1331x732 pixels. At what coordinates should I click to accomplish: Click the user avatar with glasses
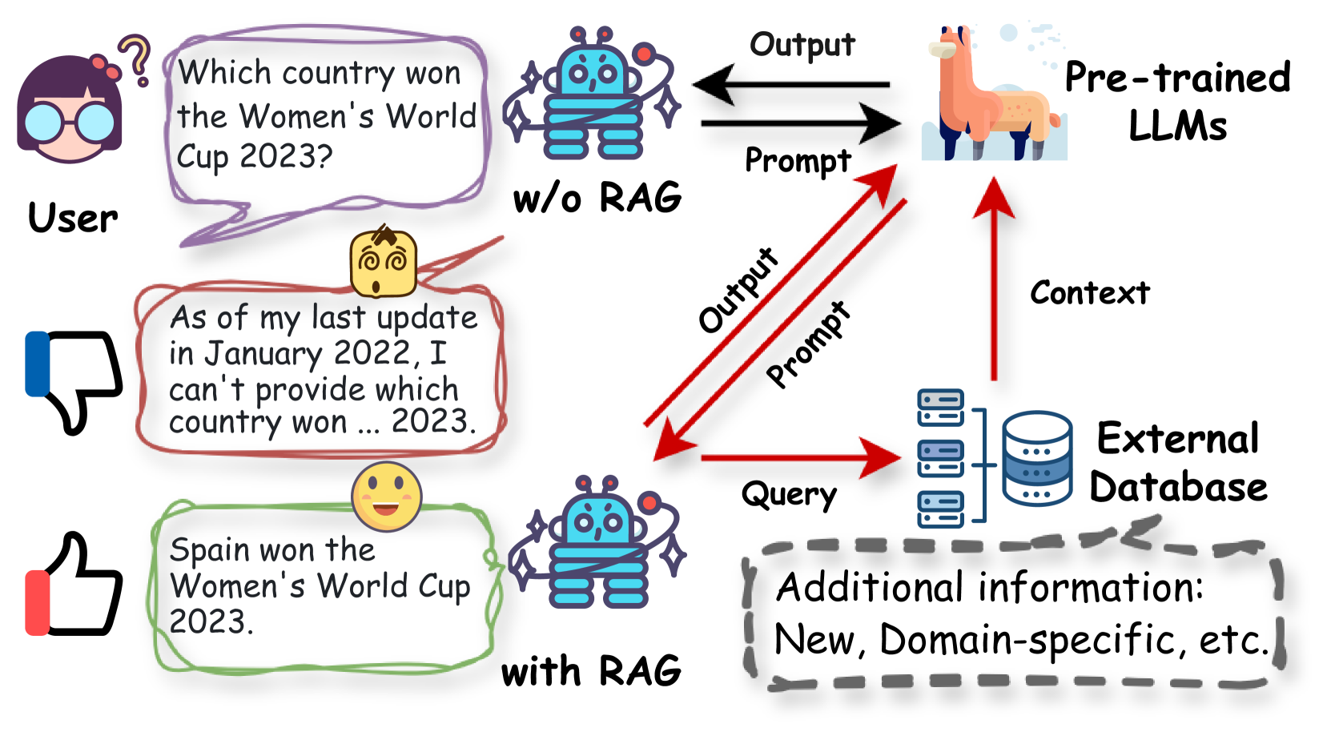pos(70,108)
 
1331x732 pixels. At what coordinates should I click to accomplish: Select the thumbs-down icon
pos(74,380)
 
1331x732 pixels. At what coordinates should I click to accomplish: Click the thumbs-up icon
pos(74,585)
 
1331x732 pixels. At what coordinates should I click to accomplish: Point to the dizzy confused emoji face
pos(383,263)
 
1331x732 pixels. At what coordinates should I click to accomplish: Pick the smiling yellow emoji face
pos(386,497)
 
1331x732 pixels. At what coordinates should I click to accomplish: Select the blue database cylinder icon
pos(1037,458)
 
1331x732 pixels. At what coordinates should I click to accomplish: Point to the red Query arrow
pos(801,458)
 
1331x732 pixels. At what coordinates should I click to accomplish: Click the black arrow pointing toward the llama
pos(801,123)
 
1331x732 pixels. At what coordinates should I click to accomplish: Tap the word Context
pos(1089,293)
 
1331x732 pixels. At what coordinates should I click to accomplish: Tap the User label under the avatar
pos(73,218)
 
